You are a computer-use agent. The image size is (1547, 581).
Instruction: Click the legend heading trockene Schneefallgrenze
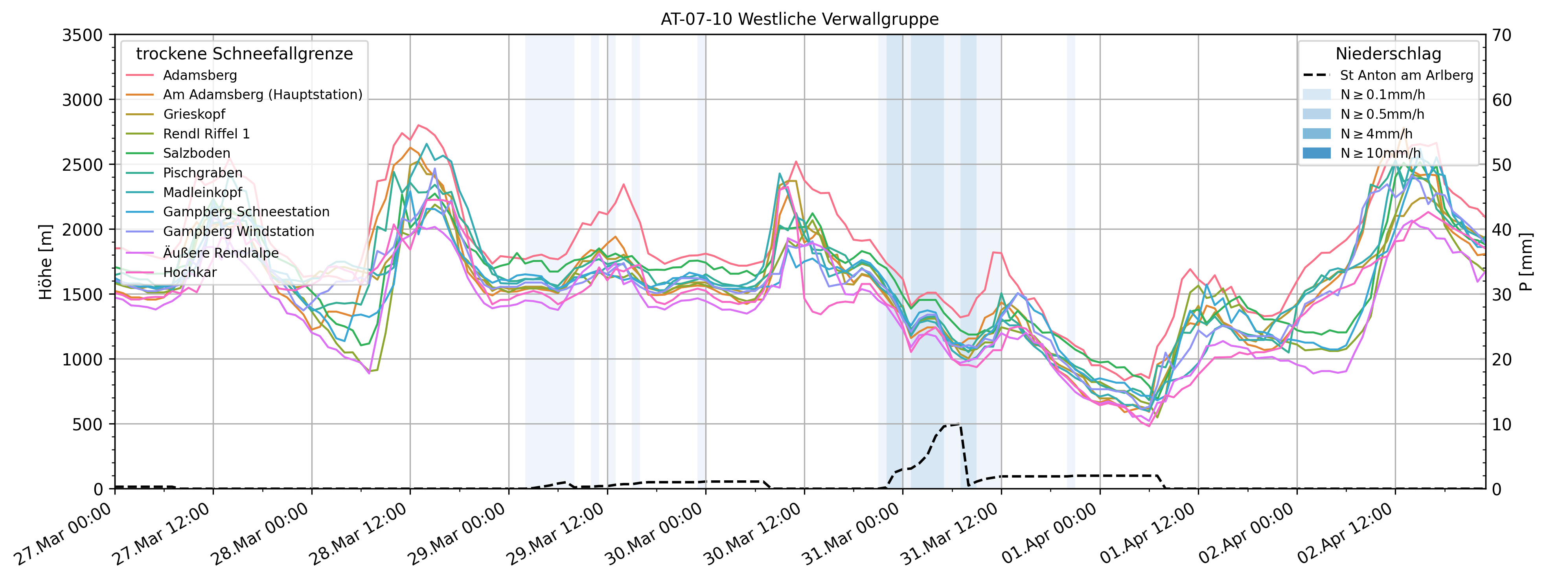(245, 53)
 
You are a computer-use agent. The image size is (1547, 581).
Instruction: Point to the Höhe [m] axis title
(46, 262)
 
